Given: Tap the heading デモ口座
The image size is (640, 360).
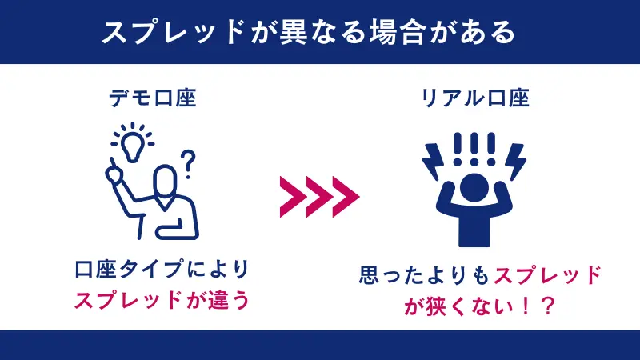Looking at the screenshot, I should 153,99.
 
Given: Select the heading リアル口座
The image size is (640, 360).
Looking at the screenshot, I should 475,99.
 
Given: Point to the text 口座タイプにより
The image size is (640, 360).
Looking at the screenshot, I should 161,270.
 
